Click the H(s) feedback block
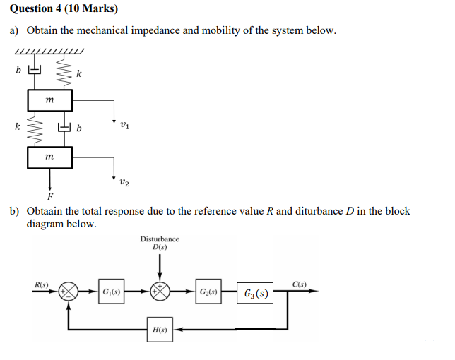pyautogui.click(x=160, y=329)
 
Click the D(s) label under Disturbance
pyautogui.click(x=160, y=247)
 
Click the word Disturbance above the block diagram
pyautogui.click(x=160, y=239)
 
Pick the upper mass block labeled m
pyautogui.click(x=49, y=101)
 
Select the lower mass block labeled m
pyautogui.click(x=49, y=157)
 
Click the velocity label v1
pyautogui.click(x=124, y=128)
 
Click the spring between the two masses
pyautogui.click(x=35, y=128)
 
